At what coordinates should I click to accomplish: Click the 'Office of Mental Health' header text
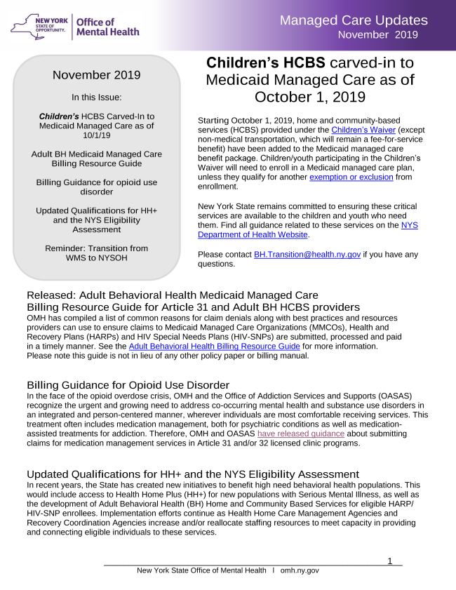[107, 27]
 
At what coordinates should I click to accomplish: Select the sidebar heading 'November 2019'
[97, 75]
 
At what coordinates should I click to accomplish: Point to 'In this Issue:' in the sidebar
[97, 98]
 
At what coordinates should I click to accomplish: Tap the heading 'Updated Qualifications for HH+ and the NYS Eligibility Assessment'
[183, 474]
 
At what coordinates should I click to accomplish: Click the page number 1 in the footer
[390, 561]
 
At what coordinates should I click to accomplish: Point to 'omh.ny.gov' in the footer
[300, 570]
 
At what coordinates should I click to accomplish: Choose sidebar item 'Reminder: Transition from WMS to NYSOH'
[97, 253]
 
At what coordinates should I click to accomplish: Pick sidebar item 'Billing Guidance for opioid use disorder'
[97, 187]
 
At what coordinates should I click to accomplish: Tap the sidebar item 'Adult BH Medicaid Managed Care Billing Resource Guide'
[97, 159]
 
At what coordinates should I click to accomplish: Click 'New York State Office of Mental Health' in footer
[201, 570]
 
